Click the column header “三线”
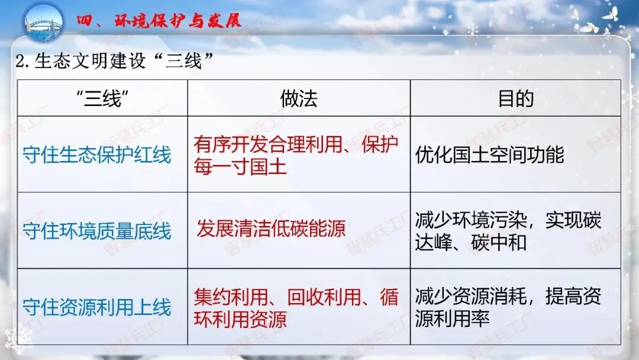tap(102, 98)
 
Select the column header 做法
tap(299, 98)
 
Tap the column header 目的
tap(515, 98)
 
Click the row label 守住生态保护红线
tap(97, 155)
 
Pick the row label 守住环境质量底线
tap(97, 230)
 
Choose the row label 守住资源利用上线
tap(97, 307)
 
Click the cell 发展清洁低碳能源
tap(271, 229)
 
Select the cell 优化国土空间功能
tap(489, 155)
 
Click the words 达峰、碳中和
tap(470, 242)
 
